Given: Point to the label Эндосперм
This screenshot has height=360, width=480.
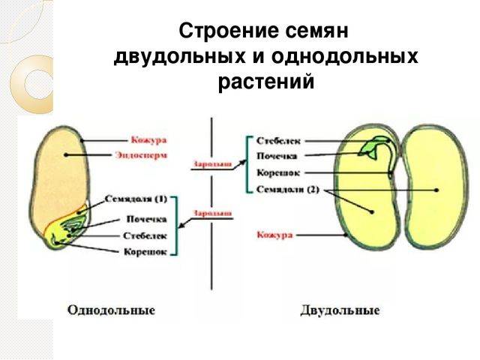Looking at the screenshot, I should point(142,155).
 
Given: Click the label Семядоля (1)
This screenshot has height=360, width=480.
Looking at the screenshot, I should point(141,199).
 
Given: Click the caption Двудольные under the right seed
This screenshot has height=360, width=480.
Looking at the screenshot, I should point(340,309).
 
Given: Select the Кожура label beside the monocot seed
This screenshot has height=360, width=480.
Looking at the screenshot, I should point(148,139).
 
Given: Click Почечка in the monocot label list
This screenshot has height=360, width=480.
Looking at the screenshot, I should point(147,219).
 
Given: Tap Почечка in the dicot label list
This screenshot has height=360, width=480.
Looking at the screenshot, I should point(277,156).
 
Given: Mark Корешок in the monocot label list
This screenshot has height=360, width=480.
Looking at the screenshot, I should point(145,251).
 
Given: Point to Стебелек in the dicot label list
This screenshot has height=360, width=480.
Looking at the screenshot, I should point(280,140).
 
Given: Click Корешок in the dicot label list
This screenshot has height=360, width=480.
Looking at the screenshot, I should point(279,173).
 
